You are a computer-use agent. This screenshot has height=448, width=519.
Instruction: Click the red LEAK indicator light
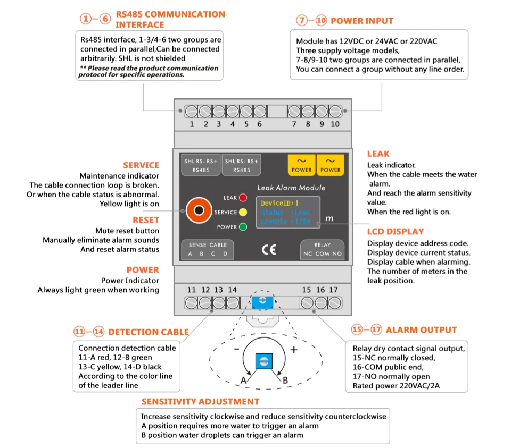[x=243, y=198]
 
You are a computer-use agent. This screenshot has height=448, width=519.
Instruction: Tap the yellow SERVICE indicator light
[x=243, y=212]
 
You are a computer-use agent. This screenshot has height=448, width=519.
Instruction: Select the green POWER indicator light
[x=243, y=227]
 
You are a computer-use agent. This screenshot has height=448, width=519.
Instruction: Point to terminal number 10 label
[x=335, y=124]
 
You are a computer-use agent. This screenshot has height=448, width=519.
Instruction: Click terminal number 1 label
[x=192, y=124]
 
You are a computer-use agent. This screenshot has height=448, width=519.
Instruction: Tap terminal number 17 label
[x=333, y=290]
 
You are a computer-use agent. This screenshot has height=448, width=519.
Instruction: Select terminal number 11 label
[x=192, y=290]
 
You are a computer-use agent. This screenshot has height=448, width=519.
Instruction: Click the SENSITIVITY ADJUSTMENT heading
[x=200, y=402]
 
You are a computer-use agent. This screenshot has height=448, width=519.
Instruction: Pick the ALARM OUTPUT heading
[x=421, y=330]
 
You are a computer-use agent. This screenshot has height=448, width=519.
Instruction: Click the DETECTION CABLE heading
[x=148, y=332]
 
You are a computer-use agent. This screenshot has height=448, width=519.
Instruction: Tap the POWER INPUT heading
[x=361, y=21]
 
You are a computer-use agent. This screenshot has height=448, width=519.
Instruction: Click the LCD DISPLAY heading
[x=396, y=232]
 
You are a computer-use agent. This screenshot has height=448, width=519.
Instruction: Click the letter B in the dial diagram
[x=285, y=380]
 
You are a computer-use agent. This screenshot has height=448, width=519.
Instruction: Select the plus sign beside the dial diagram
[x=293, y=350]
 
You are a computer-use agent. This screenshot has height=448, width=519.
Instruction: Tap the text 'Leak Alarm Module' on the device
[x=291, y=188]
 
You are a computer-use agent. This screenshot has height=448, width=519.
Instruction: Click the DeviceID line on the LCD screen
[x=280, y=203]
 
